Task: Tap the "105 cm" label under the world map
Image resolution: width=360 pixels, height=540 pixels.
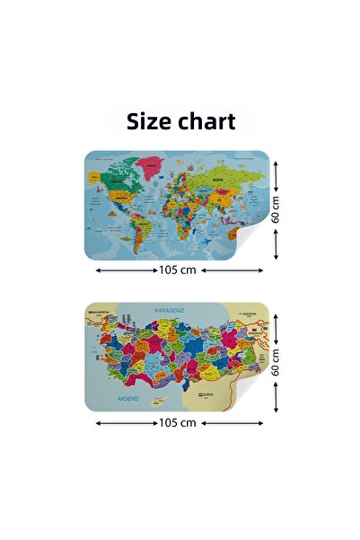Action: [x=177, y=269]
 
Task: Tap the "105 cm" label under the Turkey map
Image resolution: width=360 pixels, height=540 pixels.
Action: [x=177, y=421]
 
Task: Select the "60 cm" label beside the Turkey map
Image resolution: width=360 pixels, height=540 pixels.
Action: [x=277, y=362]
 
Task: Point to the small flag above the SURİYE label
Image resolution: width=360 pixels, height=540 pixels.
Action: [x=199, y=393]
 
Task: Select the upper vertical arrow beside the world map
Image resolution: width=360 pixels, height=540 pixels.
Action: [x=277, y=175]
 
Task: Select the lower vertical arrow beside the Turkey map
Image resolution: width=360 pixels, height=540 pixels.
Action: [x=277, y=396]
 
